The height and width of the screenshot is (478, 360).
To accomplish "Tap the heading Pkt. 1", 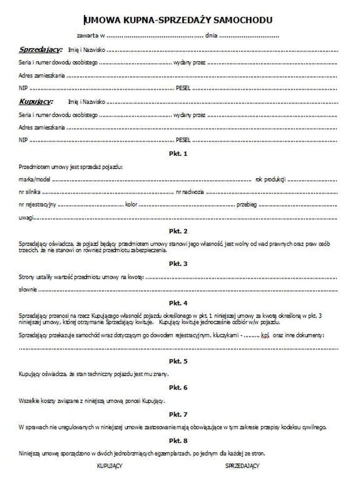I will pos(178,153).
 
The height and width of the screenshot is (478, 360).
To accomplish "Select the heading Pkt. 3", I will pos(178,263).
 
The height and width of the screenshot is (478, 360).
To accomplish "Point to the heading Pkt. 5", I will pos(178,361).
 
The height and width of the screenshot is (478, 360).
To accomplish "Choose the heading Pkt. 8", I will pos(178,441).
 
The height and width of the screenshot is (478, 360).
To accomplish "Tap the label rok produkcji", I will pos(270,179).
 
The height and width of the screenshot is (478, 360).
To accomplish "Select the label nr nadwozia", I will pos(189,192).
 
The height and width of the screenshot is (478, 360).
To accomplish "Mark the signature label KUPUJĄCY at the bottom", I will pos(110,466).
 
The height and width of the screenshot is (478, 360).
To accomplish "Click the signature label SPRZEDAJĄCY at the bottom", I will pos(242,466).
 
